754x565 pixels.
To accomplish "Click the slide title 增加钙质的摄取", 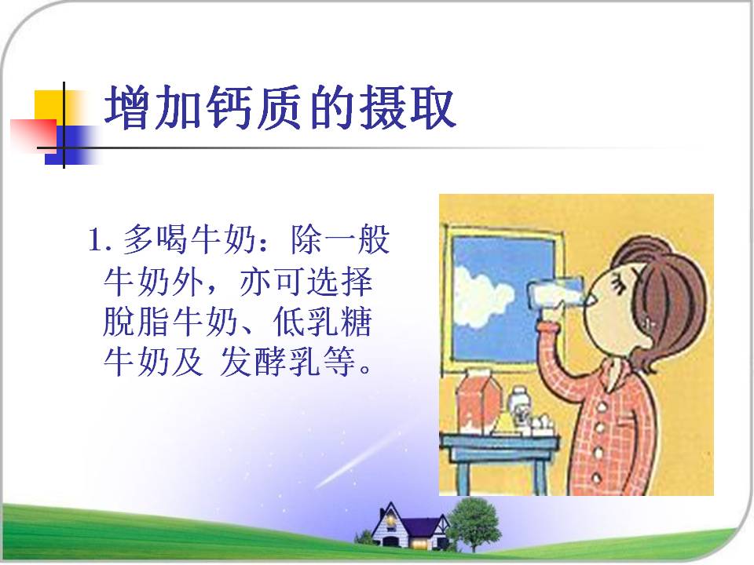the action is pos(280,108).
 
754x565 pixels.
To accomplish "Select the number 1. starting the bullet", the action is pos(100,240).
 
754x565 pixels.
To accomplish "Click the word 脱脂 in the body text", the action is pos(137,322).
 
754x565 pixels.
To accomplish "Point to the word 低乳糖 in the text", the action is pos(323,322).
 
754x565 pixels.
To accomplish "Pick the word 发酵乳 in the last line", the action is pos(269,361).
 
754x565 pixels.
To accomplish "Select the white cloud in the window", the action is pos(481,295).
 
